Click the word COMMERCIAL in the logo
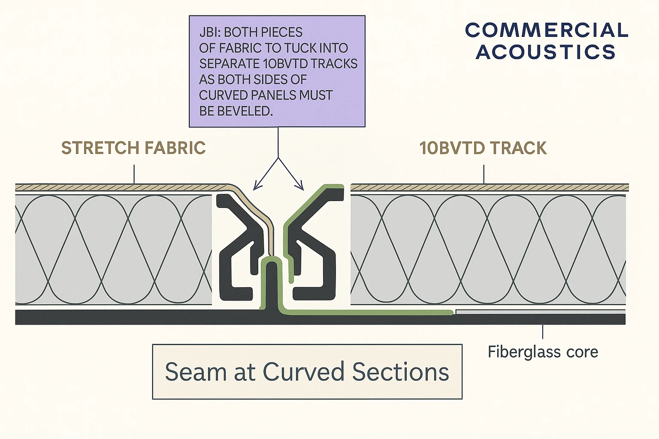click(x=547, y=30)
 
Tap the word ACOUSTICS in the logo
click(x=546, y=52)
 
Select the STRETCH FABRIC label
click(x=133, y=148)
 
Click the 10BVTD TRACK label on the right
click(x=483, y=148)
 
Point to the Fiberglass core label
click(x=543, y=352)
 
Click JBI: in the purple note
click(x=209, y=33)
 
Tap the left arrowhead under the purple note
click(x=257, y=186)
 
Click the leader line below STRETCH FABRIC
click(x=134, y=174)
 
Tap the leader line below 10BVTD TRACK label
click(x=484, y=174)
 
